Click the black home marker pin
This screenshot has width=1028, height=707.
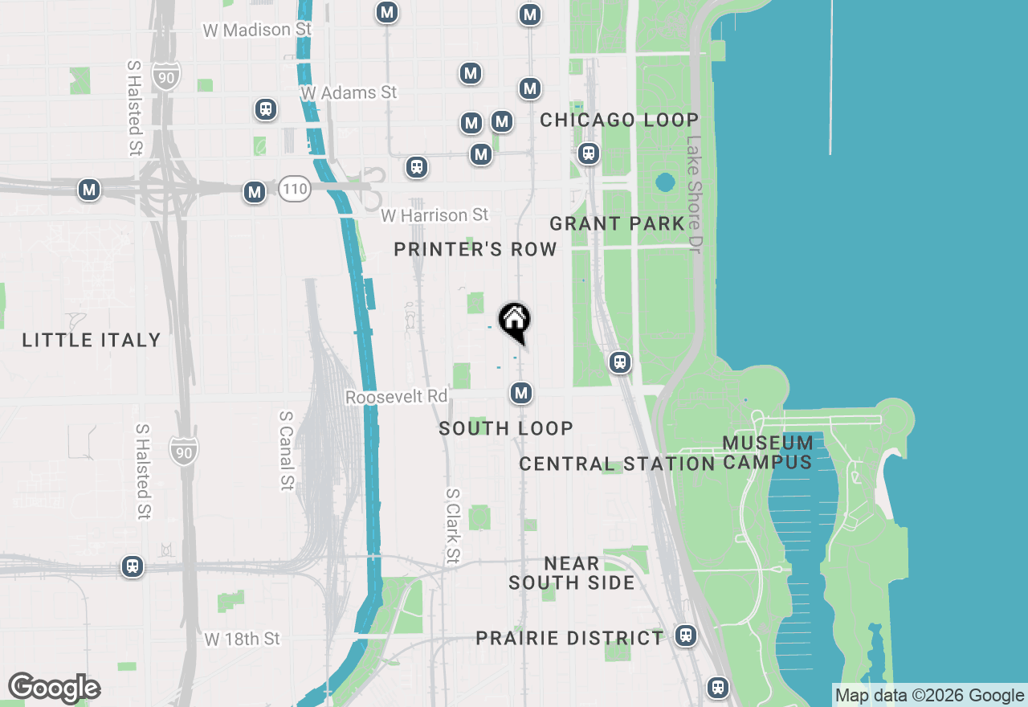[x=515, y=321]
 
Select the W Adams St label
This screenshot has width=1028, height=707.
[x=349, y=93]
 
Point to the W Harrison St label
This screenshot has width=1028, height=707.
[x=434, y=215]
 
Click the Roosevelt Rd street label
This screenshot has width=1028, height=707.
[x=396, y=397]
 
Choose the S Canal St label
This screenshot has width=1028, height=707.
[x=287, y=450]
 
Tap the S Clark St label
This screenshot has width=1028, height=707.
[x=453, y=525]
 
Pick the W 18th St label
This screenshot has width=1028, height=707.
[x=243, y=639]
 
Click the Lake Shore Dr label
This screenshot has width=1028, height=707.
[x=694, y=194]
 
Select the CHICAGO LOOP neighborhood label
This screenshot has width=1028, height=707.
[x=619, y=121]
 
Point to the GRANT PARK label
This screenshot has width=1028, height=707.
[x=617, y=223]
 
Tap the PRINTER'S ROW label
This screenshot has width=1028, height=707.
[x=475, y=250]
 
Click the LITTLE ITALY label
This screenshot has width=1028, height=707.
[x=92, y=341]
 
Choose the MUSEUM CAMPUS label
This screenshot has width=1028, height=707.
[x=768, y=452]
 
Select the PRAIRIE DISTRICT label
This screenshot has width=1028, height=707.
[x=570, y=639]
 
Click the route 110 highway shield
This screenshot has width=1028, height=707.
[x=295, y=190]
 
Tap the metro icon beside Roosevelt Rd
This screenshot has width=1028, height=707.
[x=521, y=393]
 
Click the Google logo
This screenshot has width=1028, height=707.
[x=54, y=688]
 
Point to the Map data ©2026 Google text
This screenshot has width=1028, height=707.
[x=929, y=696]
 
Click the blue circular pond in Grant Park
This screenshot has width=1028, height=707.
[x=665, y=182]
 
